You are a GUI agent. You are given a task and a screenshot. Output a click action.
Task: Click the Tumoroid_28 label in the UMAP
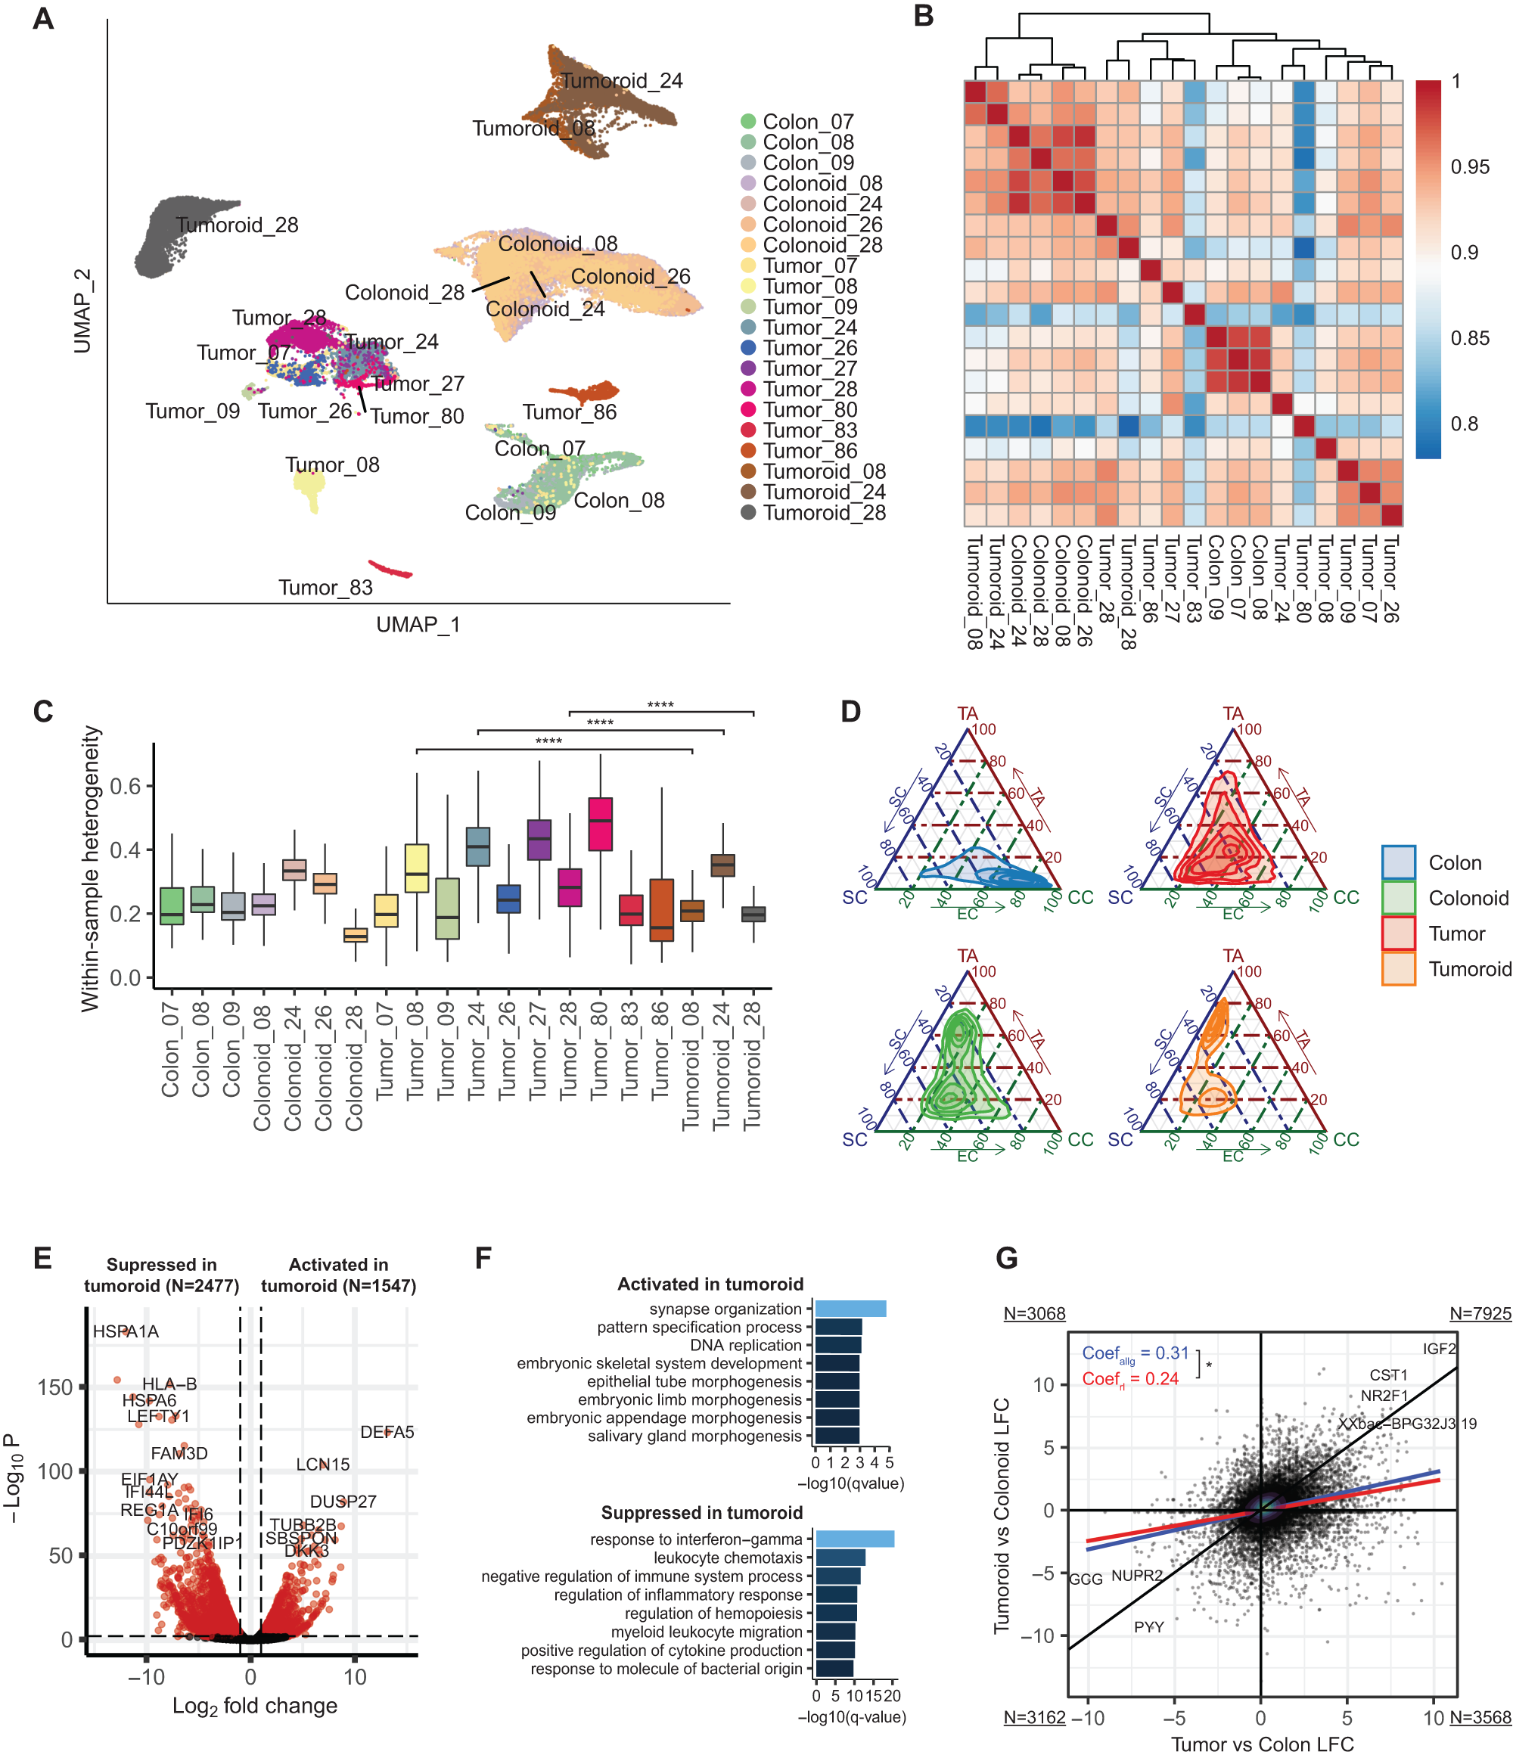[237, 225]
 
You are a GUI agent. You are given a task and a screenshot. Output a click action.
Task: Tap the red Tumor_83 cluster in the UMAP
[390, 568]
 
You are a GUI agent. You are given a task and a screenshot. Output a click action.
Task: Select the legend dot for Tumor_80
[747, 410]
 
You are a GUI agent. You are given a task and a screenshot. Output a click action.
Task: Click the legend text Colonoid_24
[822, 204]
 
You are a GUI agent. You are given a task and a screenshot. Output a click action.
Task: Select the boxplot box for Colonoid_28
[355, 934]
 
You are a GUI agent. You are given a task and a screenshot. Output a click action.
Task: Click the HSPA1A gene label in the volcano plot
[126, 1331]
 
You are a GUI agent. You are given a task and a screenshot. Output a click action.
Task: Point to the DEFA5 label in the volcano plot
[387, 1432]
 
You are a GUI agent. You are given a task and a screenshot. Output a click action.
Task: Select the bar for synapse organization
[850, 1309]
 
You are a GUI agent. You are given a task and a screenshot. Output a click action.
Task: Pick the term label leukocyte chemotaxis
[727, 1558]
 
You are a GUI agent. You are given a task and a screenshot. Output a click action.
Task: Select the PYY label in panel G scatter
[1148, 1626]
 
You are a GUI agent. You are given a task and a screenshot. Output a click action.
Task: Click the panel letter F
[483, 1257]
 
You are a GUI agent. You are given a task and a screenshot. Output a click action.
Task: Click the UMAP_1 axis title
[418, 625]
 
